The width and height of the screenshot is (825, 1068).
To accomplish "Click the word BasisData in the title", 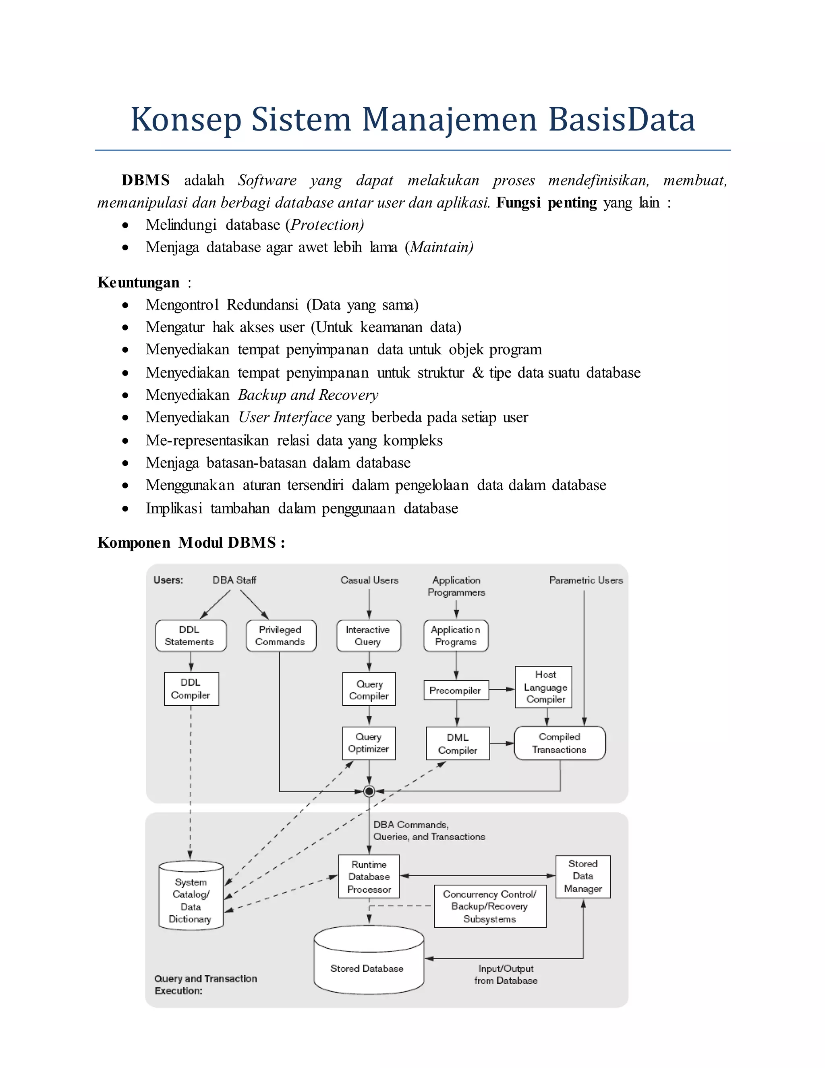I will point(621,119).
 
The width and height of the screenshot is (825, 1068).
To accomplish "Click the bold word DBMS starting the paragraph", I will point(145,180).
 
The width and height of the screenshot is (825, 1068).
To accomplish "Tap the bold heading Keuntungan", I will point(138,283).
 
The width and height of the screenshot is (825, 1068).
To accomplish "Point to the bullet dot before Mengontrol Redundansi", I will point(126,305).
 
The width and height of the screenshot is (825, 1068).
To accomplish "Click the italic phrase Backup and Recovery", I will point(308,395).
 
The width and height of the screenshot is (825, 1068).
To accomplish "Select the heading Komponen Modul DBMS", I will point(191,543).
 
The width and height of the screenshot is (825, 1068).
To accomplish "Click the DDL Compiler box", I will point(191,688).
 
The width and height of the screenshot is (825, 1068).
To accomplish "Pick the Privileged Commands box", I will point(280,636).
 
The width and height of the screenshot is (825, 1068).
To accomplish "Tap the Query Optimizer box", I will point(369,743).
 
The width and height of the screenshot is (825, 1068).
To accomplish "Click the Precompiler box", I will point(456,690).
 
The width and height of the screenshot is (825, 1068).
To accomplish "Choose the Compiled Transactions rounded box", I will point(559,743).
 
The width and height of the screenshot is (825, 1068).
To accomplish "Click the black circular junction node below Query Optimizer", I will point(369,791).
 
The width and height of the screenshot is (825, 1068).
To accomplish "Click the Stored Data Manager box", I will point(582,876).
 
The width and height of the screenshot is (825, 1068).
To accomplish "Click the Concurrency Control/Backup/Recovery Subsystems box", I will point(490,906).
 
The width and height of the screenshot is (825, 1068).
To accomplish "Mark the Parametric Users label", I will point(585,580).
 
